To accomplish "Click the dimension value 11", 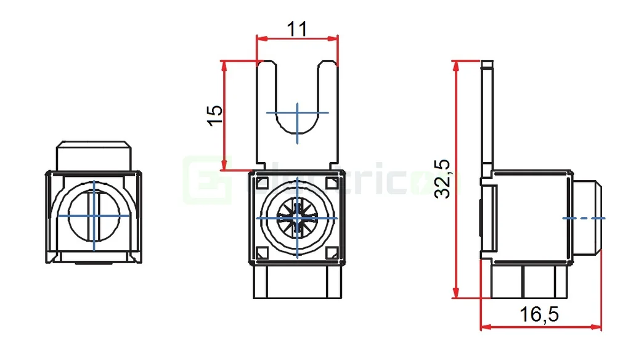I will pyautogui.click(x=297, y=28).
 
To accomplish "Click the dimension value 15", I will pyautogui.click(x=214, y=115).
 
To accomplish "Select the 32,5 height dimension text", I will pyautogui.click(x=442, y=179).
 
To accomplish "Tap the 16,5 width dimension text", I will pyautogui.click(x=539, y=314).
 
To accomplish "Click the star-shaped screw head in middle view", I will pyautogui.click(x=297, y=218).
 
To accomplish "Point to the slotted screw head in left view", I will pyautogui.click(x=94, y=216).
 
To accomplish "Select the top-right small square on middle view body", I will pyautogui.click(x=333, y=183).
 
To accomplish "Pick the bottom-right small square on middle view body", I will pyautogui.click(x=333, y=253).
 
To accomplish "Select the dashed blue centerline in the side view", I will pyautogui.click(x=585, y=218).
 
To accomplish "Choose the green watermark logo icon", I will pyautogui.click(x=207, y=179).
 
